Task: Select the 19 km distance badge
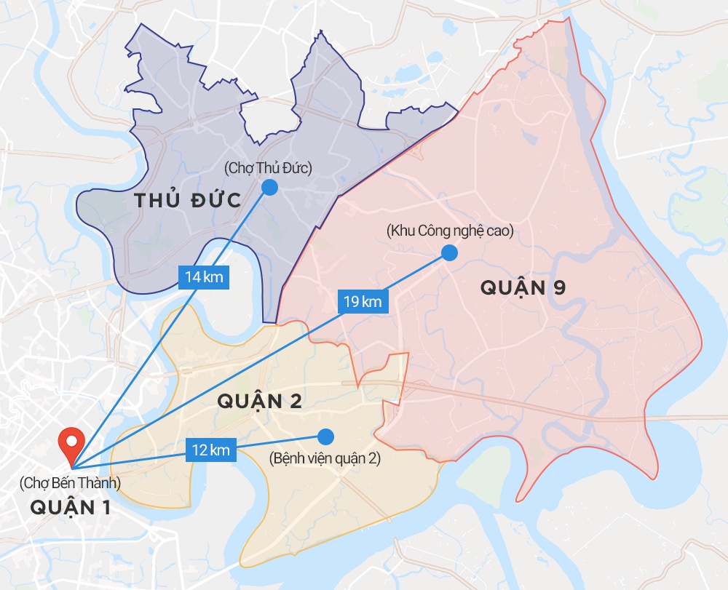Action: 362,300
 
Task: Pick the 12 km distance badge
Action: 211,450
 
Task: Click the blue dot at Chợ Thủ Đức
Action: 269,187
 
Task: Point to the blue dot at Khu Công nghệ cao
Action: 449,252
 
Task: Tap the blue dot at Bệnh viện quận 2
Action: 325,436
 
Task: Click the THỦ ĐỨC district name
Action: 188,201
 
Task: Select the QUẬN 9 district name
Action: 523,287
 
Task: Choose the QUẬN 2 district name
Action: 259,401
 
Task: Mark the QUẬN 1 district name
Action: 71,507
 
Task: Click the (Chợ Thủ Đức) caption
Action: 268,169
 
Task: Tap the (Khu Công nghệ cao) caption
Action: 451,231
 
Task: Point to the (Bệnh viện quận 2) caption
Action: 325,459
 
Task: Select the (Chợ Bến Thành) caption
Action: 71,482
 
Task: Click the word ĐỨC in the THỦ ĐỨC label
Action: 214,201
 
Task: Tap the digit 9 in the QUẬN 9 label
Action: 559,288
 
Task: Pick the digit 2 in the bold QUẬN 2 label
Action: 295,401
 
